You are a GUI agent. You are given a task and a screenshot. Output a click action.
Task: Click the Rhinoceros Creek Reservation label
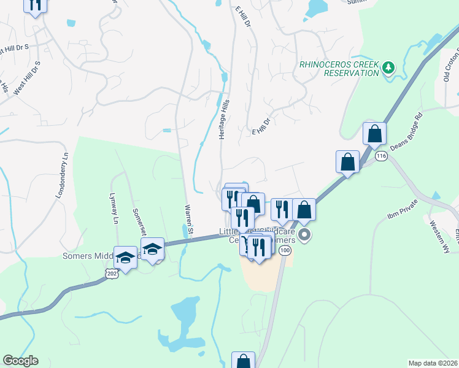(x=339, y=68)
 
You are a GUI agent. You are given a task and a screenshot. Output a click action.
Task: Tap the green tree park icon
(x=388, y=67)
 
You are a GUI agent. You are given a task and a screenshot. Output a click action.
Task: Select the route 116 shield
(x=381, y=156)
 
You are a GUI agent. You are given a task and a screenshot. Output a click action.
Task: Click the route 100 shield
(x=283, y=251)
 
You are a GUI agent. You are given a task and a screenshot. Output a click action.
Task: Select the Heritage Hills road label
(x=224, y=119)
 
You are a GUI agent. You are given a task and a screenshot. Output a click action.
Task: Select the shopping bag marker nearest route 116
(x=374, y=134)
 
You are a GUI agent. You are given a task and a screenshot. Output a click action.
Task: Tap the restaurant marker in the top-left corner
(x=35, y=4)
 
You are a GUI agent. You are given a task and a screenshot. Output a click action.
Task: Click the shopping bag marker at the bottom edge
(x=243, y=361)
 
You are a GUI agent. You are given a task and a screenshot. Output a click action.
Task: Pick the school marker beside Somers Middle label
(x=126, y=259)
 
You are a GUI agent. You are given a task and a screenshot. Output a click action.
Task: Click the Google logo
(x=20, y=361)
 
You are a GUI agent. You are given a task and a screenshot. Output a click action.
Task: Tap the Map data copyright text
(x=433, y=363)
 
